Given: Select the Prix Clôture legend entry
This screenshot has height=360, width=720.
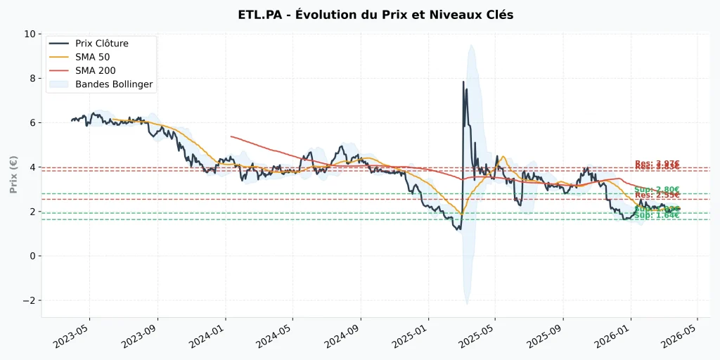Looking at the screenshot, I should pyautogui.click(x=102, y=44).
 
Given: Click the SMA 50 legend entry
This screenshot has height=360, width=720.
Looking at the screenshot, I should pyautogui.click(x=94, y=57).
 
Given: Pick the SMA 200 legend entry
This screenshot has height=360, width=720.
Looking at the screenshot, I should pyautogui.click(x=96, y=70).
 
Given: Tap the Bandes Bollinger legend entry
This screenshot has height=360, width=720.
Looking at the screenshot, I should pyautogui.click(x=114, y=84).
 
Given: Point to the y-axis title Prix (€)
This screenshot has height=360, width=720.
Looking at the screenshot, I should pyautogui.click(x=13, y=174).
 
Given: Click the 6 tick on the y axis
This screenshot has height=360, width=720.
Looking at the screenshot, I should pyautogui.click(x=32, y=122).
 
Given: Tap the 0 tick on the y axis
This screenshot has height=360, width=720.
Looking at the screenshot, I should pyautogui.click(x=32, y=256).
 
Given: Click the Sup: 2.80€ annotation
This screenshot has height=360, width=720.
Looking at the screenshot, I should pyautogui.click(x=657, y=190).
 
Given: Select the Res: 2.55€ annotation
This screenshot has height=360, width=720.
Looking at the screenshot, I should pyautogui.click(x=657, y=195).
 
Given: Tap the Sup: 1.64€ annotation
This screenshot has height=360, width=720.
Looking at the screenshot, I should pyautogui.click(x=657, y=215).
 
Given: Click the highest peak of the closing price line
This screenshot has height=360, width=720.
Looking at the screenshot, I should pyautogui.click(x=463, y=82).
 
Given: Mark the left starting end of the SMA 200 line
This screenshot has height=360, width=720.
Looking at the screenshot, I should pyautogui.click(x=231, y=136).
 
